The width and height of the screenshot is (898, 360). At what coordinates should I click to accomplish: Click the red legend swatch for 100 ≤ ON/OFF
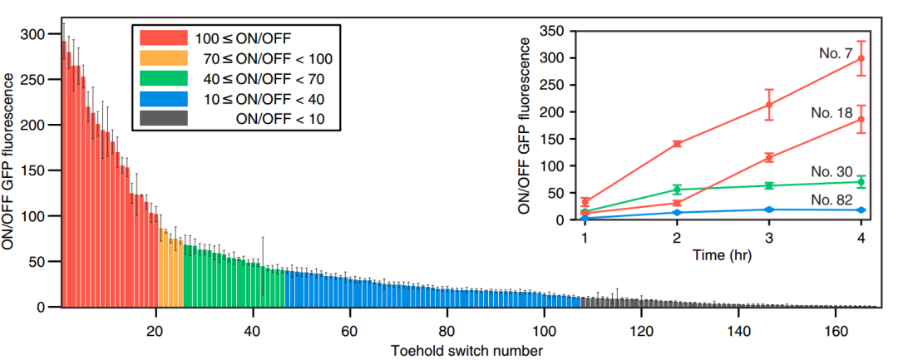click(164, 37)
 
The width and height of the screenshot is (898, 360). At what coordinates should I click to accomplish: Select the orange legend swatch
click(164, 58)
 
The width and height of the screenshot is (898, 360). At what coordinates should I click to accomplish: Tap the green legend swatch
click(164, 79)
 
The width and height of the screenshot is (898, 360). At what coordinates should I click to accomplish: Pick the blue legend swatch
click(164, 100)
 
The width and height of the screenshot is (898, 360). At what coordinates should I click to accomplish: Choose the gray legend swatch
click(164, 120)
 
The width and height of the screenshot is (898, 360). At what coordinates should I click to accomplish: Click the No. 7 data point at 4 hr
click(861, 58)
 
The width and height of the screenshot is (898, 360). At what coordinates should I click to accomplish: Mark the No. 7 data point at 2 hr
click(677, 144)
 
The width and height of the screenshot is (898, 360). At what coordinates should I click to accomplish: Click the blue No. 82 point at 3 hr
click(769, 210)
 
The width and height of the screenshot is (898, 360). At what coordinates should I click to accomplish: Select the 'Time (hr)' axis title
click(723, 255)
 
